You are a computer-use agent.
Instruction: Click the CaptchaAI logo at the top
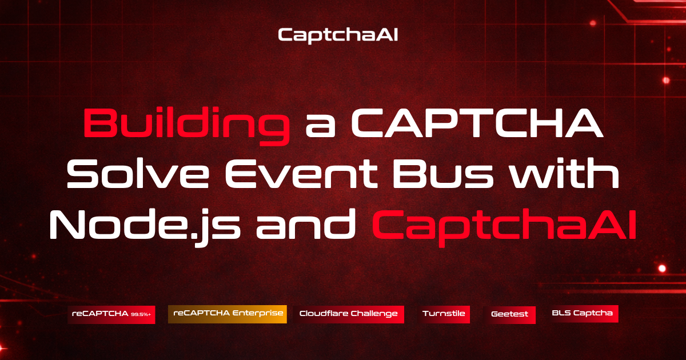coord(338,35)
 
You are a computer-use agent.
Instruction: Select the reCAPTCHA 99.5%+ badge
coord(111,314)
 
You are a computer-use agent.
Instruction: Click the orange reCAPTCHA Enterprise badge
coord(228,314)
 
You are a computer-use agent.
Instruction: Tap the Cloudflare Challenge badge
coord(349,314)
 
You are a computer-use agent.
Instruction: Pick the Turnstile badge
coord(444,314)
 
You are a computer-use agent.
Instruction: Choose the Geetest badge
coord(509,314)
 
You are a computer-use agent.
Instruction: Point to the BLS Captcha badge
coord(582,313)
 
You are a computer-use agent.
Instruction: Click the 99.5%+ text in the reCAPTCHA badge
coord(141,315)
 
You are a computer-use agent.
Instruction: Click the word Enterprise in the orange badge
coord(261,314)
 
